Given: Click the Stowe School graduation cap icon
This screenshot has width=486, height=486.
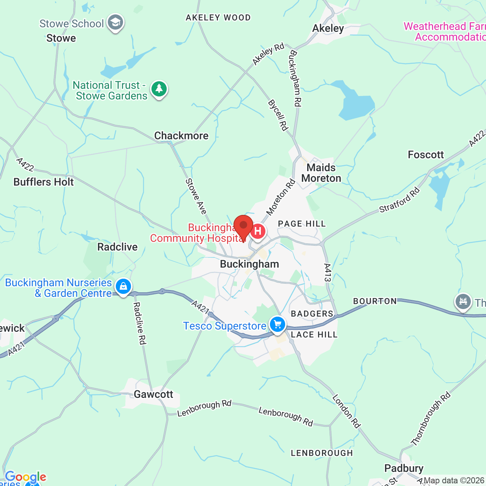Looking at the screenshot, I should [115, 23].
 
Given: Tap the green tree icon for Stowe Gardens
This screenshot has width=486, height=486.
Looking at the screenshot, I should [159, 89].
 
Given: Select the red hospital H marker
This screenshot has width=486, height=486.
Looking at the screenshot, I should [258, 231].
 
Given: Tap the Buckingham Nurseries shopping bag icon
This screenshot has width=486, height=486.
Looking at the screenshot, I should [123, 287].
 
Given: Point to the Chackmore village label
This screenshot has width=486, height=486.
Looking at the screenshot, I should [181, 136].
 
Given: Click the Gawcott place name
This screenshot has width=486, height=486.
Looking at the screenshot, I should [153, 394].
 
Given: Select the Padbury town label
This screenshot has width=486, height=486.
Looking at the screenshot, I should [404, 468].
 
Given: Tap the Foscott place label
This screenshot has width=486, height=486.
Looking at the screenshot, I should [426, 155].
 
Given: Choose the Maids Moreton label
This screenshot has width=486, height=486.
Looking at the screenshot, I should [321, 173].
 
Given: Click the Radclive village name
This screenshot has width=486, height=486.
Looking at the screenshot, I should [117, 247].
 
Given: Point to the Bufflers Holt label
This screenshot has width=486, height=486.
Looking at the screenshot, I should [44, 182].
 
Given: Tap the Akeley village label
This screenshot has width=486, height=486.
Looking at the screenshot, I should [328, 28].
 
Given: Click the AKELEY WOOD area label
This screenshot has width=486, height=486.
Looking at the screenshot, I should [218, 17].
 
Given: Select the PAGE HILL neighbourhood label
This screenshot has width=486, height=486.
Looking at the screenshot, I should [302, 224].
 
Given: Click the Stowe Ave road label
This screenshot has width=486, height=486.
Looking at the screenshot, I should [196, 196].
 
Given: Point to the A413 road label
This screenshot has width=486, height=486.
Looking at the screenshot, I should [328, 273].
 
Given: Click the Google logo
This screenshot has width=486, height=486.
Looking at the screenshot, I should [25, 477].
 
